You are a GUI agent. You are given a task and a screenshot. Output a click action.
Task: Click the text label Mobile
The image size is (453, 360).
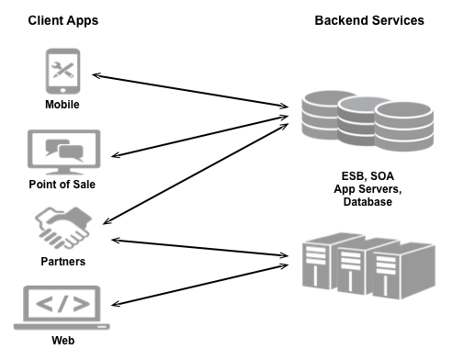[62, 105]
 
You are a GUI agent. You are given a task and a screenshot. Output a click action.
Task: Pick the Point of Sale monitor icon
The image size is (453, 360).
[62, 152]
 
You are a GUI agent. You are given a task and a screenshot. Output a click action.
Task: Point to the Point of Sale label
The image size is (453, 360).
[62, 184]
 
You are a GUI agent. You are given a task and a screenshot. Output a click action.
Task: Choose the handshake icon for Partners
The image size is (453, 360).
[62, 227]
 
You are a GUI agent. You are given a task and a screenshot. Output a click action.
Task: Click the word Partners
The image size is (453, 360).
[62, 262]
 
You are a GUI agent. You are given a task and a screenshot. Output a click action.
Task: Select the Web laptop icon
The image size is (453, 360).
[62, 308]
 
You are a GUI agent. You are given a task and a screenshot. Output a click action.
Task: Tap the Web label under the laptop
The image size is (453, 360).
[62, 342]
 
